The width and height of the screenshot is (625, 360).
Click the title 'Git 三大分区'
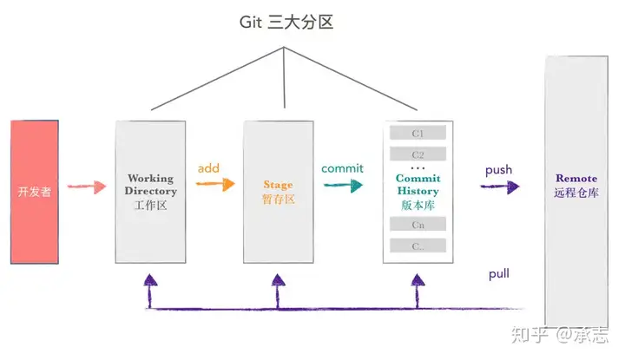tap(286, 23)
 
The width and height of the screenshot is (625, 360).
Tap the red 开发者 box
tap(35, 192)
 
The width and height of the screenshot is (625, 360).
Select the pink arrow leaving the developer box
tap(87, 187)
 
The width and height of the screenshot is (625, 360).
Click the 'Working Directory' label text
tap(151, 185)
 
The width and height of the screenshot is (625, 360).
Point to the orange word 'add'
tap(208, 168)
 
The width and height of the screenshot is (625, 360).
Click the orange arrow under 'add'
tap(215, 184)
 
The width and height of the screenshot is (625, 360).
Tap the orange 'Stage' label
tap(279, 185)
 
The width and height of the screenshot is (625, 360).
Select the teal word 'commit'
tap(342, 168)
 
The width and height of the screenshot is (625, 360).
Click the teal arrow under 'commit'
tap(343, 185)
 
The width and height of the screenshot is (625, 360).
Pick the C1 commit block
tap(418, 133)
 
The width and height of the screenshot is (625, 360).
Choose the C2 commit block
tap(418, 154)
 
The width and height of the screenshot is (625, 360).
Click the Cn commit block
tap(418, 224)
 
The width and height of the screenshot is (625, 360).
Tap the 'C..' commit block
tap(418, 245)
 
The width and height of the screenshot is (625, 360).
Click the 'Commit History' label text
tap(418, 185)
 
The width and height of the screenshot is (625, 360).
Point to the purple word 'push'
tap(498, 170)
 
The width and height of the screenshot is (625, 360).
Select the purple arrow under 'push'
tap(500, 187)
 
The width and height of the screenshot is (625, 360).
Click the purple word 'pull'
tap(498, 274)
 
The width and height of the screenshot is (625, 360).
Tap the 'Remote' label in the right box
tap(576, 178)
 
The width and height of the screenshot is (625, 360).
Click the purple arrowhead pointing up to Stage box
tap(279, 279)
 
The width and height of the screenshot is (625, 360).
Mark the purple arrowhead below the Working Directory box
tap(150, 279)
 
